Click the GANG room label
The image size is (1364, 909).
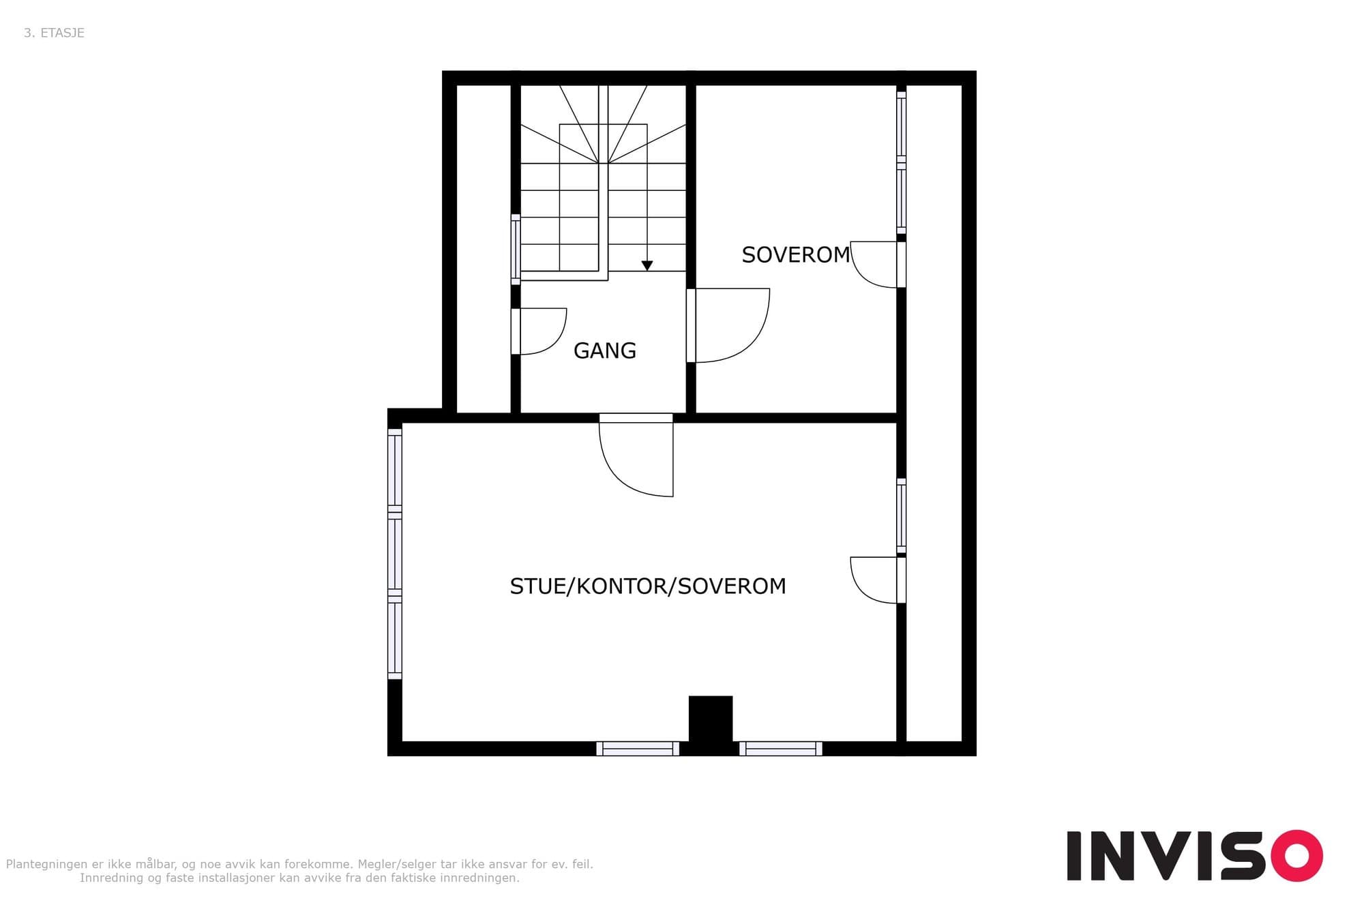(x=605, y=351)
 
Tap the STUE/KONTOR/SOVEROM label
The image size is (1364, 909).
(x=648, y=586)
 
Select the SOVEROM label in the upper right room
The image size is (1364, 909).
(x=796, y=255)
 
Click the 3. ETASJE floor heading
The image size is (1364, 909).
(x=54, y=33)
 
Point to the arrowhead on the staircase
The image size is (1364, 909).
(x=647, y=266)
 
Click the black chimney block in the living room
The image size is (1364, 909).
(x=711, y=719)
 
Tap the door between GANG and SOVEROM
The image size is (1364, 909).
(x=728, y=326)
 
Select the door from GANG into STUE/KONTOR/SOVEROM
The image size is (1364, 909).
(x=636, y=455)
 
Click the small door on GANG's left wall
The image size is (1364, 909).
(x=539, y=331)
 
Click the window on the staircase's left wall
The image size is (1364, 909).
(x=516, y=250)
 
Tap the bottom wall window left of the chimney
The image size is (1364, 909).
(x=638, y=749)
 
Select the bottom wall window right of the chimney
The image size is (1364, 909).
(x=781, y=749)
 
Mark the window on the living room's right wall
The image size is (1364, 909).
(x=901, y=516)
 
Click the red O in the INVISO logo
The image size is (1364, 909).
(x=1296, y=856)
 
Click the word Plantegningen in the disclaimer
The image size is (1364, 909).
(x=47, y=865)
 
